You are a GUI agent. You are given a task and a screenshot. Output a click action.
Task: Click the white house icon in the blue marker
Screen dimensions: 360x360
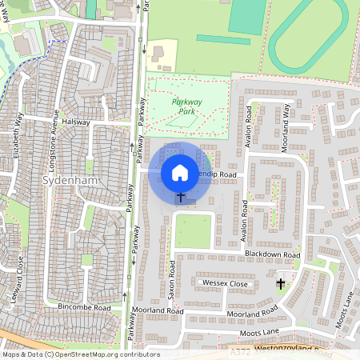(x=180, y=172)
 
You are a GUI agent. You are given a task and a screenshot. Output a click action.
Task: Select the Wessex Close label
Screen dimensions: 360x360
(x=226, y=284)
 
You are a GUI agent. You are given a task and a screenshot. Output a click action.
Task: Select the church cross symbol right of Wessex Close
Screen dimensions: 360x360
(x=280, y=283)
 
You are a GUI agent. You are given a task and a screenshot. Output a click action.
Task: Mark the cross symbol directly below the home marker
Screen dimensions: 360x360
(x=181, y=196)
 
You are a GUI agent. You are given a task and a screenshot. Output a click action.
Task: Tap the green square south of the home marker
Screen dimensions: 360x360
(x=192, y=230)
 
